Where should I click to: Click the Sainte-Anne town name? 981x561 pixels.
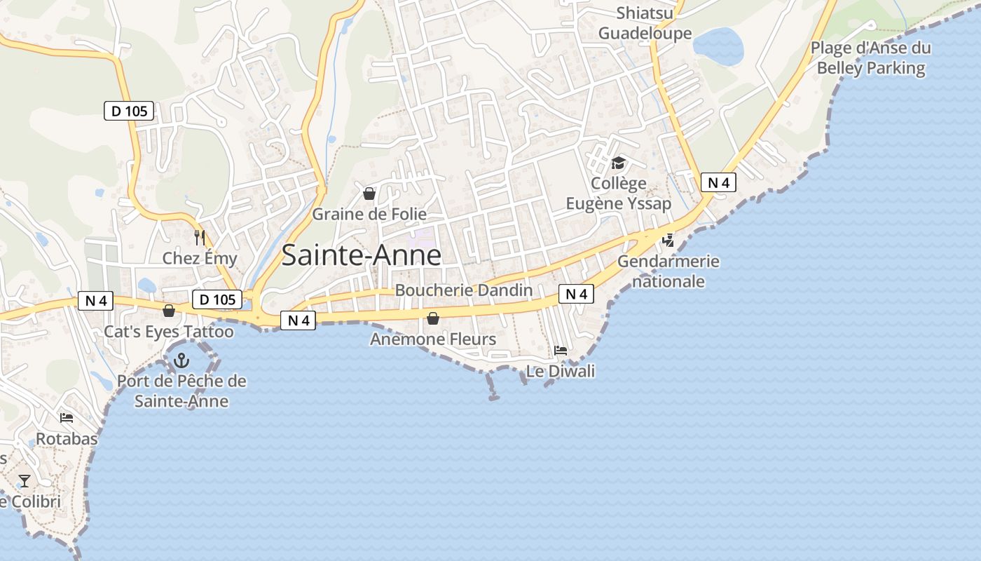361,255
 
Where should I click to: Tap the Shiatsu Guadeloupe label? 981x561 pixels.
645,23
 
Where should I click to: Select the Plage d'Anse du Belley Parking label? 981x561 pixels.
871,58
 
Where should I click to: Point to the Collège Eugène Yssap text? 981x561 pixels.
618,194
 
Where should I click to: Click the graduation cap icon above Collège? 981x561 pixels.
618,163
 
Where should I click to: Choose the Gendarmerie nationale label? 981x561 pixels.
668,271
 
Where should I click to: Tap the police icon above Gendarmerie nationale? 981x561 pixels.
668,241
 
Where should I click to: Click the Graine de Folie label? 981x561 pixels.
369,214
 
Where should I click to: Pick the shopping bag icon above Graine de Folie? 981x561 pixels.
369,194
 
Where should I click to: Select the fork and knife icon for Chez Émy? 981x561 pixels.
200,238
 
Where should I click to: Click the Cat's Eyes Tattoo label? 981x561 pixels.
169,332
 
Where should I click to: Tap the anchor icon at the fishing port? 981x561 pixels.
181,361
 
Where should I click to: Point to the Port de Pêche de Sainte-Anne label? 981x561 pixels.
181,391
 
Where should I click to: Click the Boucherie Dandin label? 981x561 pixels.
464,290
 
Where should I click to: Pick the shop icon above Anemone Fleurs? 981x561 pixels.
433,319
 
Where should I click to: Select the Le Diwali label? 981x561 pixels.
561,371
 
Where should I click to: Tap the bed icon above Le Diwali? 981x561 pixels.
561,350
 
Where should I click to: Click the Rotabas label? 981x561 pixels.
67,439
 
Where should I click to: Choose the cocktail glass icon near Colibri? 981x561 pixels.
25,481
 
